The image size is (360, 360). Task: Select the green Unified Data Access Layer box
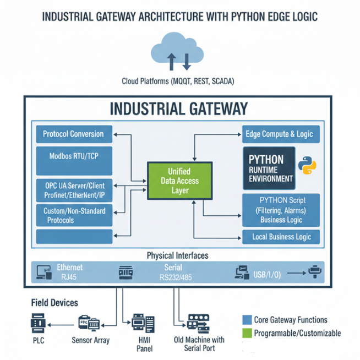[x=180, y=181]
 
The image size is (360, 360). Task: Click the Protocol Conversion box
[x=73, y=134]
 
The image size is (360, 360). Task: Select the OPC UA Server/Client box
[x=73, y=190]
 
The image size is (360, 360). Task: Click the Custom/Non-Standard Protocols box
[x=73, y=215]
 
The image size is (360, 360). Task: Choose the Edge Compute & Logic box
[x=281, y=134]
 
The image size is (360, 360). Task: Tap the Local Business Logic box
[x=281, y=237]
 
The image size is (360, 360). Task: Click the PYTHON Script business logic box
[x=281, y=210]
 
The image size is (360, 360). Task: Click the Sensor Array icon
[x=89, y=323]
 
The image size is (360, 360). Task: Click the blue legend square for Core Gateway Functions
[x=247, y=320]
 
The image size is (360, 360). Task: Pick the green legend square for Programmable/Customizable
[x=247, y=333]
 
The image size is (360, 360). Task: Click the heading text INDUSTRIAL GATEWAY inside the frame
[x=179, y=108]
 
